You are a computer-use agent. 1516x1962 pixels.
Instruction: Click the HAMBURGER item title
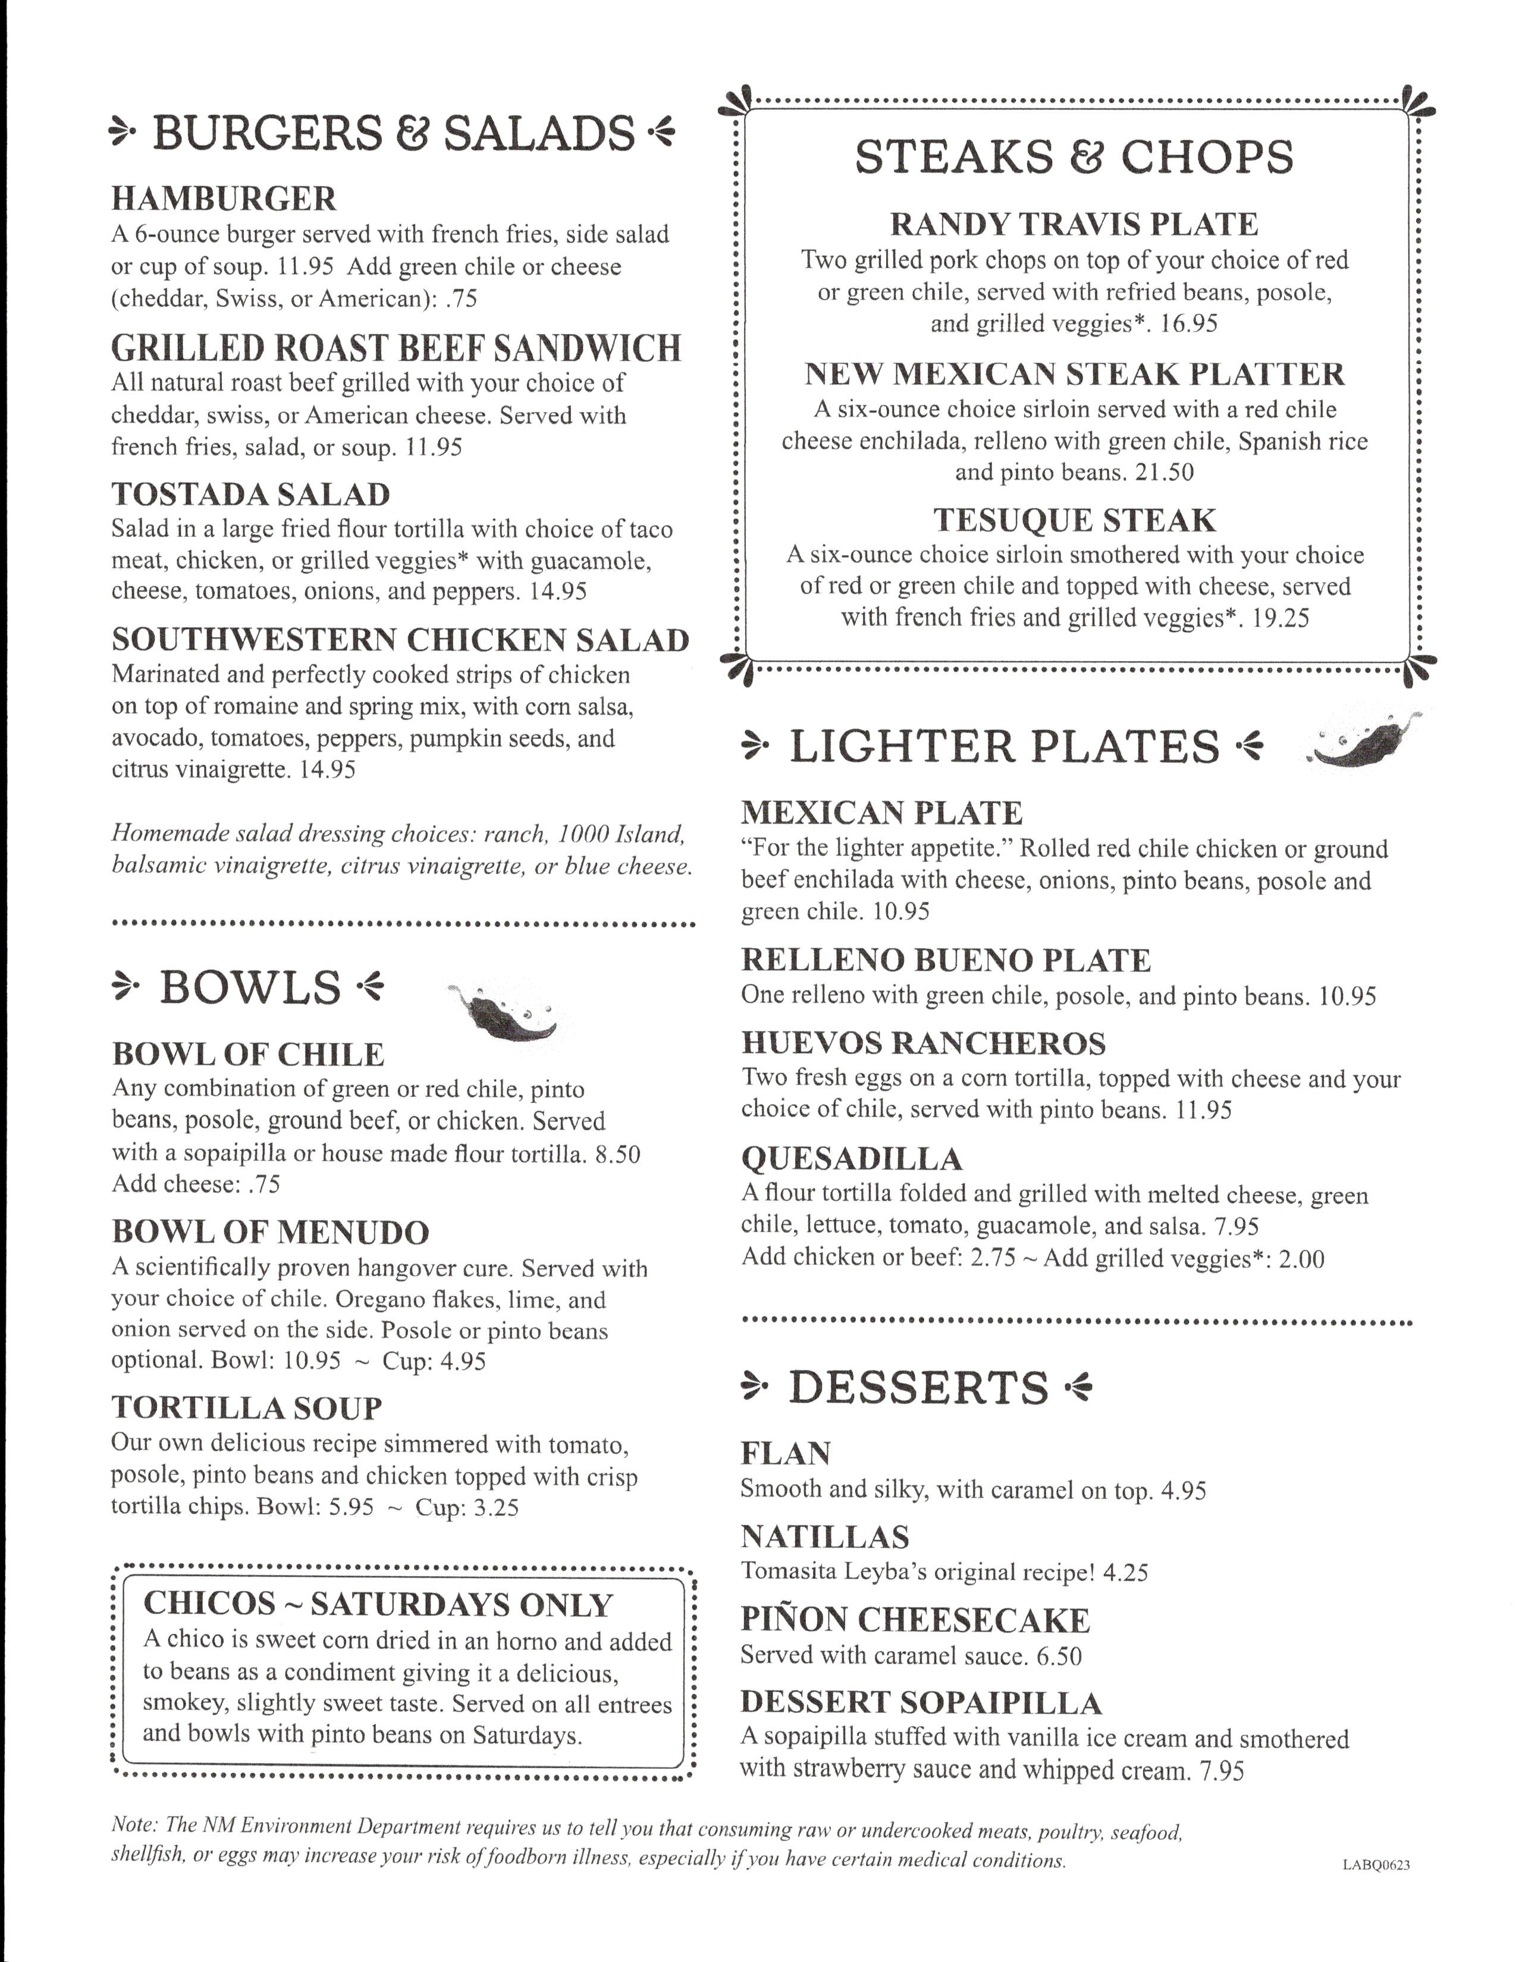224,199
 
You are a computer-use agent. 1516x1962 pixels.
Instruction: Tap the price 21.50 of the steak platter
1164,473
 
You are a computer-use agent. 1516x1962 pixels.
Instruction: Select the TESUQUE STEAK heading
1074,520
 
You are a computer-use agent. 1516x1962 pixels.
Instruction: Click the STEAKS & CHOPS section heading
1074,156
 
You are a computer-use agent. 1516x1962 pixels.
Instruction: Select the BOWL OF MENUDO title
271,1232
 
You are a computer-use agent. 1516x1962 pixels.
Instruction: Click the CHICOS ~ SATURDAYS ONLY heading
378,1603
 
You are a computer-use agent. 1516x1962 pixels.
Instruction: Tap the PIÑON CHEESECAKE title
915,1619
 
